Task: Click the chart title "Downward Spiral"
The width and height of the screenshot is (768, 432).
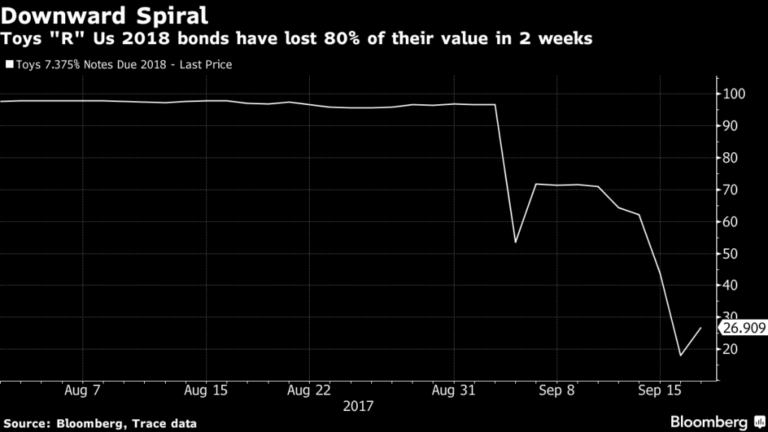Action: pyautogui.click(x=104, y=14)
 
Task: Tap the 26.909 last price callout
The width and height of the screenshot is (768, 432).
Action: pyautogui.click(x=740, y=328)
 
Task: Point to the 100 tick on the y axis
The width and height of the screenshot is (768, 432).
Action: pyautogui.click(x=733, y=94)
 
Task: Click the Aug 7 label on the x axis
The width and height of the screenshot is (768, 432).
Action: pyautogui.click(x=83, y=391)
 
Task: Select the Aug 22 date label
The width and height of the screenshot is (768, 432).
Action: pyautogui.click(x=309, y=391)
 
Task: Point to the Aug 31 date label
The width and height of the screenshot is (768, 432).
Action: pyautogui.click(x=454, y=391)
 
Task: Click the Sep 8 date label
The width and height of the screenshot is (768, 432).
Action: pyautogui.click(x=556, y=391)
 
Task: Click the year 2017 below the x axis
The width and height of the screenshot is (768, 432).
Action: pyautogui.click(x=358, y=406)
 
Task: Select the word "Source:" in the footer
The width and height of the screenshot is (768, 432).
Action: pyautogui.click(x=30, y=424)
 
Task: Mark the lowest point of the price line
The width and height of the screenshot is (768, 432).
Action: pyautogui.click(x=680, y=355)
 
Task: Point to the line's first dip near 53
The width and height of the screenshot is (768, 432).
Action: pyautogui.click(x=515, y=242)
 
